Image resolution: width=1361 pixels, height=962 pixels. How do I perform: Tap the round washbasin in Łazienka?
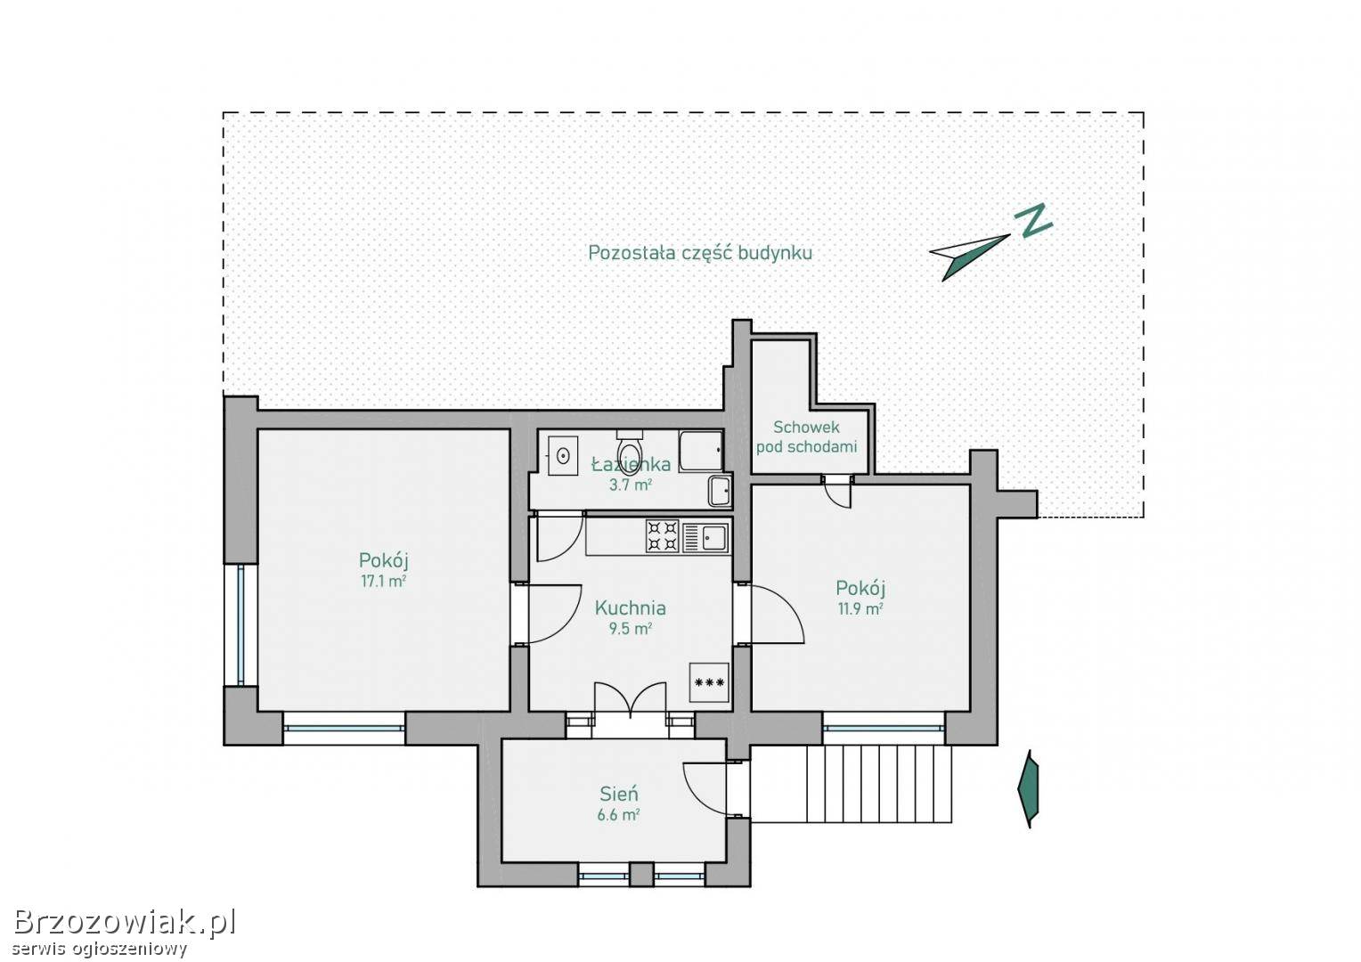[x=563, y=455]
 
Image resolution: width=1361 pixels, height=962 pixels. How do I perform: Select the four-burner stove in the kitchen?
[x=663, y=536]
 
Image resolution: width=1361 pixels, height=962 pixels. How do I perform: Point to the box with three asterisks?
[x=709, y=682]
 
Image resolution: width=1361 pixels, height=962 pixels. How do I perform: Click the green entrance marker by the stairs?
[x=1029, y=789]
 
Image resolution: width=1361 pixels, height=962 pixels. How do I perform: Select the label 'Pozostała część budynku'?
[x=700, y=253]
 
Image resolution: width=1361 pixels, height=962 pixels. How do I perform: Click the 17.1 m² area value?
[x=383, y=582]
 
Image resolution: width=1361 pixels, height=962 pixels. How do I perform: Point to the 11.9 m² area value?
[x=860, y=608]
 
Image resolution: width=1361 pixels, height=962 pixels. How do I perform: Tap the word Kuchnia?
[x=630, y=607]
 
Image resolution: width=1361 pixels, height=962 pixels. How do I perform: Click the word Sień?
[x=618, y=794]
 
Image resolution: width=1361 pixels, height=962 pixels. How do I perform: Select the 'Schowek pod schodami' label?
[x=806, y=437]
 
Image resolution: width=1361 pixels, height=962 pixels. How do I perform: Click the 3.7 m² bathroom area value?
[x=631, y=485]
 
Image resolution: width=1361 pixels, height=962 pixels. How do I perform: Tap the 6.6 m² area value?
[x=618, y=815]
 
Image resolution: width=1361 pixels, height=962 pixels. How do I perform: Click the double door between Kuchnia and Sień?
[x=631, y=704]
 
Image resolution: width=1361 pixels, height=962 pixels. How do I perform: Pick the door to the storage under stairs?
[x=837, y=491]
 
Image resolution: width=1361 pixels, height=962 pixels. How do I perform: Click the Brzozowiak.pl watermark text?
[x=124, y=923]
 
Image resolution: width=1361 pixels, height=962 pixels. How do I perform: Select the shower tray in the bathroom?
[x=701, y=451]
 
